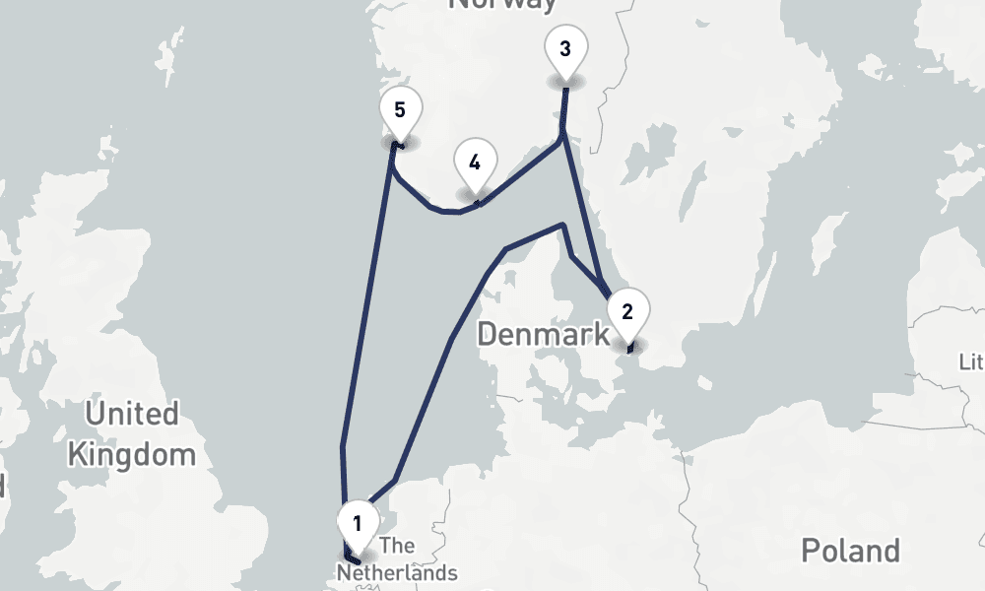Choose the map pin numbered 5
pyautogui.click(x=399, y=111)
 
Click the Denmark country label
pyautogui.click(x=543, y=334)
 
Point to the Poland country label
pyautogui.click(x=850, y=551)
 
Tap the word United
pyautogui.click(x=131, y=414)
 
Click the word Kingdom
pyautogui.click(x=131, y=454)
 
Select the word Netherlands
pyautogui.click(x=397, y=572)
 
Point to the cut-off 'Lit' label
pyautogui.click(x=971, y=362)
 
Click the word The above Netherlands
pyautogui.click(x=397, y=546)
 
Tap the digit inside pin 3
pyautogui.click(x=564, y=48)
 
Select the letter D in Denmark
pyautogui.click(x=489, y=335)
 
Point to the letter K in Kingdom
pyautogui.click(x=75, y=454)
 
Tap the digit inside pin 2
pyautogui.click(x=627, y=311)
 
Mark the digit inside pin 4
pyautogui.click(x=475, y=162)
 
